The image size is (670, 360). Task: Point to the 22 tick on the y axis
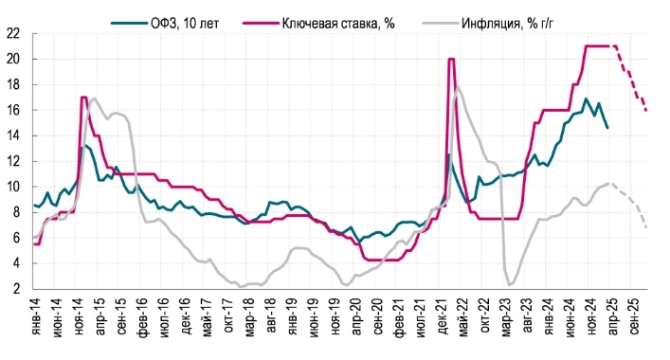(13, 33)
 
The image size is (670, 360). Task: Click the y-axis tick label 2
(17, 289)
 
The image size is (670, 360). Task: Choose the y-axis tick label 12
(13, 161)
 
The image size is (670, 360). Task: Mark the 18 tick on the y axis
(13, 84)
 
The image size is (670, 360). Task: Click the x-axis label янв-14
(36, 323)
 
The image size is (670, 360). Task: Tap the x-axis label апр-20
(360, 323)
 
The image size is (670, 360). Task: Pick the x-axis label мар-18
(249, 323)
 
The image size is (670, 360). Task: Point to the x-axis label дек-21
(446, 323)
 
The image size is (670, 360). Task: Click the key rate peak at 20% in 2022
(451, 59)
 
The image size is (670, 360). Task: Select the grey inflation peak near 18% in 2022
(459, 87)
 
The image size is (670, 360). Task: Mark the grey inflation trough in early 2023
(512, 284)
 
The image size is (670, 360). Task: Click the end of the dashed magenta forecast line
(647, 110)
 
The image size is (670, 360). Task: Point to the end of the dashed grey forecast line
(647, 227)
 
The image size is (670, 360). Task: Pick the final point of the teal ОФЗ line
(607, 128)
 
